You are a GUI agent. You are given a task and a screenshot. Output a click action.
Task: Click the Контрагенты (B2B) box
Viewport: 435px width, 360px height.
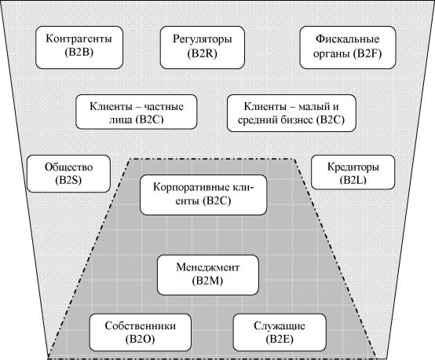pyautogui.click(x=79, y=47)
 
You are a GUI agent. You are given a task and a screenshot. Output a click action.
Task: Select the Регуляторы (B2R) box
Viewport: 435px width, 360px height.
pyautogui.click(x=203, y=47)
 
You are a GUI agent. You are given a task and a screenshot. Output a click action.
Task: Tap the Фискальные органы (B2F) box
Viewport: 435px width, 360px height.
pyautogui.click(x=348, y=47)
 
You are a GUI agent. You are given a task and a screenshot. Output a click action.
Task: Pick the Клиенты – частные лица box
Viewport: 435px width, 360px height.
pyautogui.click(x=137, y=112)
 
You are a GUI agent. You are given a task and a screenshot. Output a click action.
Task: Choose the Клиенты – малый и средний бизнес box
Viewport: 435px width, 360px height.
pyautogui.click(x=291, y=113)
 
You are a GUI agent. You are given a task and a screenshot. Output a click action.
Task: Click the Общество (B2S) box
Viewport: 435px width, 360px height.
pyautogui.click(x=68, y=174)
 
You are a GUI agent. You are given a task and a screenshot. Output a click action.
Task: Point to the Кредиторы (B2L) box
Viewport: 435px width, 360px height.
pyautogui.click(x=353, y=172)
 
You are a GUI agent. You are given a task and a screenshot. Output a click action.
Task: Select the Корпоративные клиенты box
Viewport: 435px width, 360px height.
pyautogui.click(x=203, y=195)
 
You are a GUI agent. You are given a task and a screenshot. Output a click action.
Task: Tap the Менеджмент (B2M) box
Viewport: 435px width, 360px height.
pyautogui.click(x=208, y=275)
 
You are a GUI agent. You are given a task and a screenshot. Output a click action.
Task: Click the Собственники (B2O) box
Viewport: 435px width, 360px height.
pyautogui.click(x=141, y=332)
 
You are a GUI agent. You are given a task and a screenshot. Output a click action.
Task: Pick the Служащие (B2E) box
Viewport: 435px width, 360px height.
pyautogui.click(x=280, y=332)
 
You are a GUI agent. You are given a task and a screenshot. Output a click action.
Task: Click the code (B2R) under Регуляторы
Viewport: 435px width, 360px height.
pyautogui.click(x=203, y=53)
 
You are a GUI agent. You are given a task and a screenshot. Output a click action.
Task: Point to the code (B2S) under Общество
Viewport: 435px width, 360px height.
pyautogui.click(x=68, y=180)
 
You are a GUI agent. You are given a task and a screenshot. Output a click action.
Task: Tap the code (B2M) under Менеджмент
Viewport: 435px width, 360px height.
pyautogui.click(x=208, y=281)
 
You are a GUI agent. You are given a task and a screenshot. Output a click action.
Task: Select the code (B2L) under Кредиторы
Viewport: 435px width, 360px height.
pyautogui.click(x=353, y=180)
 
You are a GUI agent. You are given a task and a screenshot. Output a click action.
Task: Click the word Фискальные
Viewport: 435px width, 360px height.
pyautogui.click(x=348, y=39)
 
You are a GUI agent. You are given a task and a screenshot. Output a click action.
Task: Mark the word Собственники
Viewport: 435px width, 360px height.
pyautogui.click(x=141, y=325)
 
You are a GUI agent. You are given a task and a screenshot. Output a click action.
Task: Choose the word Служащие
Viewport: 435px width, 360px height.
pyautogui.click(x=280, y=326)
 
